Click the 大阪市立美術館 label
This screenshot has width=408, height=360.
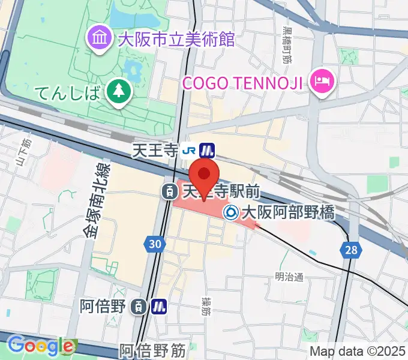(x=176, y=40)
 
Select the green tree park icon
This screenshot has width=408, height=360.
(x=118, y=91)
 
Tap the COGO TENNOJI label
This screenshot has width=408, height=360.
(x=242, y=82)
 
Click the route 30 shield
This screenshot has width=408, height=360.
(x=155, y=243)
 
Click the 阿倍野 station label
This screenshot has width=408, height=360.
(x=104, y=306)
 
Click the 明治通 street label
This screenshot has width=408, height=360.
(x=289, y=277)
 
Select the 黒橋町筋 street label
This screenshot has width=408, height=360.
(x=287, y=45)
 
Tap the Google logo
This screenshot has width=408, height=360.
(x=41, y=345)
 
